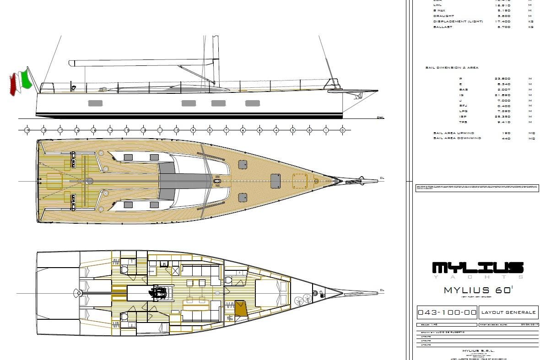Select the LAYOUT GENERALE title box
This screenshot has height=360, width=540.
point(508,312)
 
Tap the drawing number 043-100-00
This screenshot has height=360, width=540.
point(447,312)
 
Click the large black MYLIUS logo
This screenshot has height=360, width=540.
point(478,268)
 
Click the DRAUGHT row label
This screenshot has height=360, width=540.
point(444,16)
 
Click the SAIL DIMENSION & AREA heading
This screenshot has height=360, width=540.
point(452,68)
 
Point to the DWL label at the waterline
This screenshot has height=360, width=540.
point(380,118)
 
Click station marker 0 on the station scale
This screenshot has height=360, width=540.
point(342,130)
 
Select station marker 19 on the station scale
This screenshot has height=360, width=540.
point(27,130)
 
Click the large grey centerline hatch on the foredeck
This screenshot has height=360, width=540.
point(275,181)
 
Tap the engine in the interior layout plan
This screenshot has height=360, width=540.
point(158,292)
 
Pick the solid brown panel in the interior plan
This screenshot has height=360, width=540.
point(241,308)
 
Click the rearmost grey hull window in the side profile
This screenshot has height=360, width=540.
point(95,103)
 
